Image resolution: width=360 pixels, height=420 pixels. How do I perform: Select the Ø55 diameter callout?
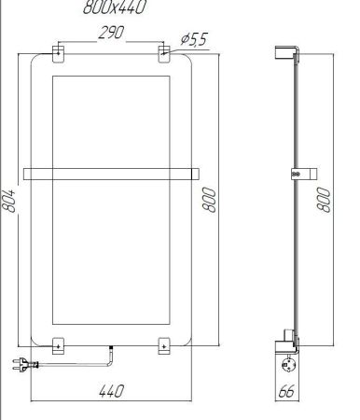(x=194, y=39)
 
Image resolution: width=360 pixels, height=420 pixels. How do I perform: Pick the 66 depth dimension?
(x=289, y=392)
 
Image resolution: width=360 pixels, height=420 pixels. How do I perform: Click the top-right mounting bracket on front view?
(x=164, y=51)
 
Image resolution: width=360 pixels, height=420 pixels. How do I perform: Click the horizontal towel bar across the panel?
(x=111, y=172)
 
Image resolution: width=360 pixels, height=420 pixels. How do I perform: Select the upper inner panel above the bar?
(x=111, y=122)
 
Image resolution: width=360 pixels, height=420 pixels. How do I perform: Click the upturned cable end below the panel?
(x=111, y=352)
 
